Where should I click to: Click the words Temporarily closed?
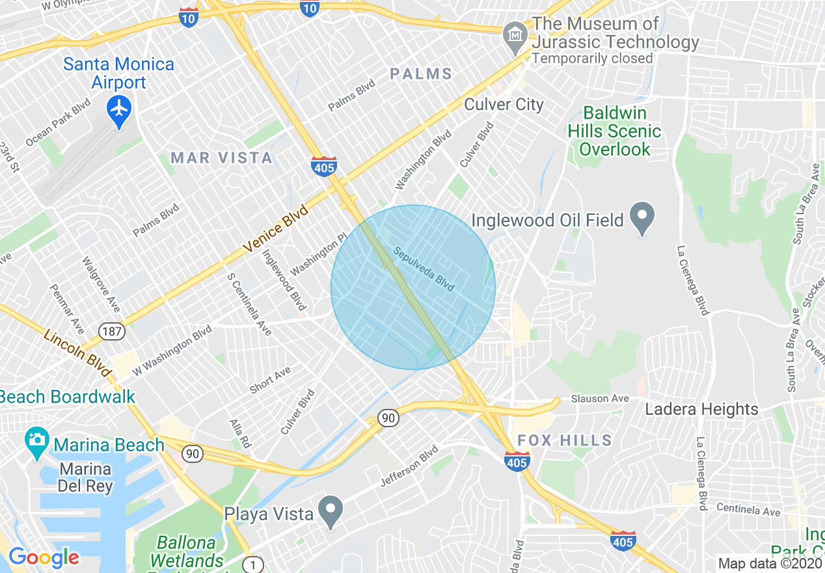[592, 59]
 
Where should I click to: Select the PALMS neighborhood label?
[421, 74]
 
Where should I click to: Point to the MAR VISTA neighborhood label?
[221, 158]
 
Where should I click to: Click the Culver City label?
[504, 104]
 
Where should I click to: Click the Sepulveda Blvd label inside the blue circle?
[424, 268]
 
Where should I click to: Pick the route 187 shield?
[111, 332]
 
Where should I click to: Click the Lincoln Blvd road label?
[77, 352]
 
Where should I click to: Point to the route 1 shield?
[252, 565]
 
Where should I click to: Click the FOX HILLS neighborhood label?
[565, 440]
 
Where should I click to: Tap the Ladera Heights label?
[701, 409]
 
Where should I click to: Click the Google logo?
[44, 557]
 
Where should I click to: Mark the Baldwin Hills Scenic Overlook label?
[614, 131]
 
